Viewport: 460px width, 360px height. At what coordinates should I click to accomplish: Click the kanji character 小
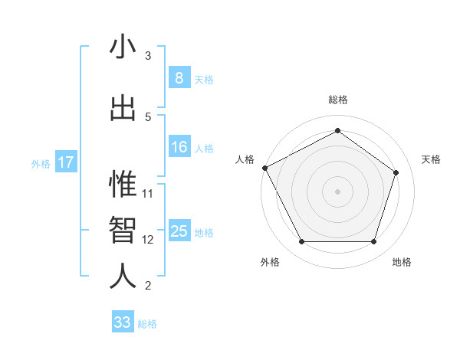123,47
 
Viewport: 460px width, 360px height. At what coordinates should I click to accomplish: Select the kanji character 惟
123,185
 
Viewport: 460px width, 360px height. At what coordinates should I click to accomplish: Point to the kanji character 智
123,230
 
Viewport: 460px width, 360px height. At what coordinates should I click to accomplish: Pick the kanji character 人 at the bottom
123,276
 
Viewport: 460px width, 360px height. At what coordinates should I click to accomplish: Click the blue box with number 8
179,77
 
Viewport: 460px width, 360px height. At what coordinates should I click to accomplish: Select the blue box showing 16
179,147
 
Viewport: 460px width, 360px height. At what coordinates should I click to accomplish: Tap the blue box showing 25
179,231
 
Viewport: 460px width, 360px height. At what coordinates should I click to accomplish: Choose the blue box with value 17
65,162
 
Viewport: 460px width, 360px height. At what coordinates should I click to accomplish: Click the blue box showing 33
122,322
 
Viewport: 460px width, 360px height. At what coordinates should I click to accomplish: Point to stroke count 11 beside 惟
148,193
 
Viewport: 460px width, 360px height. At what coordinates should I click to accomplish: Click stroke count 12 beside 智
148,240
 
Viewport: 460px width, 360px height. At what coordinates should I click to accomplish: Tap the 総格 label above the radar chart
337,100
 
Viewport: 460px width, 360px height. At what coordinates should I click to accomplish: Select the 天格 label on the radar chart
431,159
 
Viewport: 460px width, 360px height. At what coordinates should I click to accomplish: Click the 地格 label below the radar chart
402,262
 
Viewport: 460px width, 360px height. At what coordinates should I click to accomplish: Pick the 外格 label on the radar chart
270,262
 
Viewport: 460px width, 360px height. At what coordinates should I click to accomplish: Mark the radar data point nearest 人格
264,168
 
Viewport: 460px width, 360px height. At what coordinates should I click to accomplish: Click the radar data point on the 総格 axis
337,131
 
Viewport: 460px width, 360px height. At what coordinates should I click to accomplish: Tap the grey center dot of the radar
337,191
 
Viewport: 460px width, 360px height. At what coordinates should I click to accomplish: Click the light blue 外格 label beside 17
40,163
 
